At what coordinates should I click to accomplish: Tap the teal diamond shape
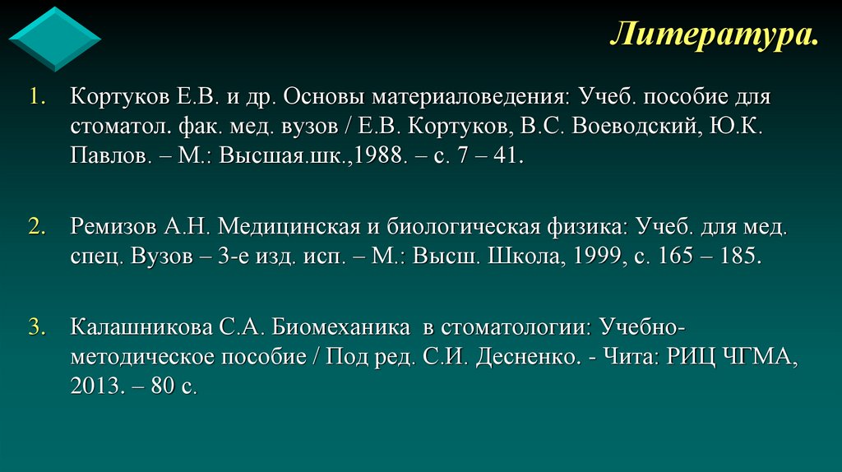click(54, 39)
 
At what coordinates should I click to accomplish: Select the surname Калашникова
click(141, 328)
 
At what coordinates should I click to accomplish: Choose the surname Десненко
click(520, 358)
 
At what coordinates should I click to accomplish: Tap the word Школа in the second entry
click(525, 256)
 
